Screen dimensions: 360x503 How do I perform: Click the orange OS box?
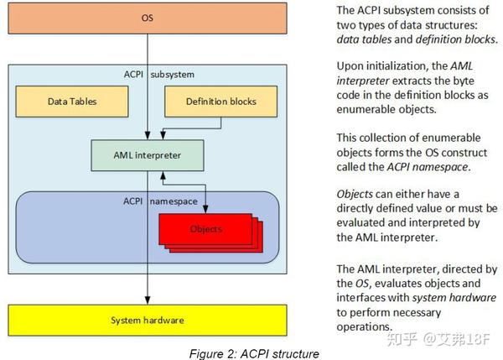coord(148,17)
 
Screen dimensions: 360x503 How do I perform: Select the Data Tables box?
coord(71,102)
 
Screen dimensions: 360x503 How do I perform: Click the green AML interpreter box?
coord(148,155)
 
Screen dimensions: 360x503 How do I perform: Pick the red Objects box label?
coord(205,228)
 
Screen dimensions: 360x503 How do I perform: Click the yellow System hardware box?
coord(148,320)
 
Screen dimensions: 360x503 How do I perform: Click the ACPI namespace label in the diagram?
coord(147,202)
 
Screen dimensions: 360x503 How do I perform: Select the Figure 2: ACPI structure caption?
coord(248,353)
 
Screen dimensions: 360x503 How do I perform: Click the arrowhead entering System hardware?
coord(148,299)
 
